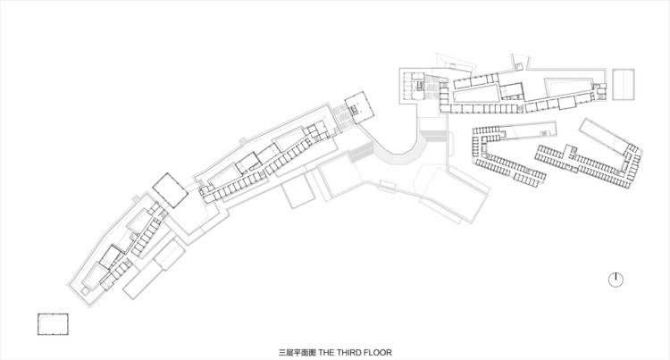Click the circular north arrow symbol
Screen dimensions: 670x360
point(616,280)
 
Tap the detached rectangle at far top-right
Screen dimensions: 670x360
point(623,86)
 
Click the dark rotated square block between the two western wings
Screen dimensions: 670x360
point(168,188)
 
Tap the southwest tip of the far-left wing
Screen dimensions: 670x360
point(74,292)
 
